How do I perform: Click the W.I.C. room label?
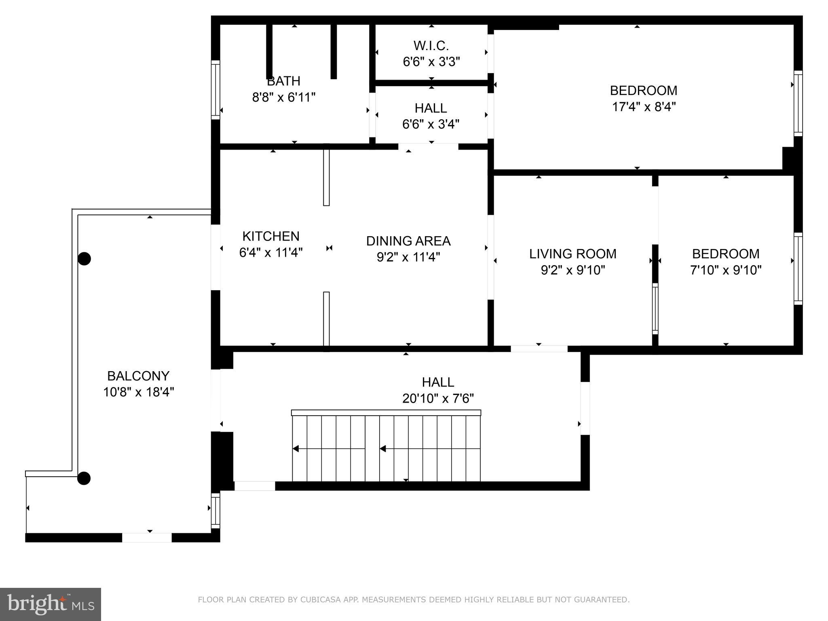tap(431, 45)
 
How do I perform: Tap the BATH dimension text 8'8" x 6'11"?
tap(283, 97)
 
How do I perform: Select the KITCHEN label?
tap(270, 236)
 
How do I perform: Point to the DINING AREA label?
tap(408, 241)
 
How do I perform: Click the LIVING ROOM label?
tap(572, 254)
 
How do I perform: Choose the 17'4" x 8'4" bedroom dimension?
tap(644, 107)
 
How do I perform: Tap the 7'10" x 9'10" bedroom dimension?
tap(725, 270)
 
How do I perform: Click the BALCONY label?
tap(138, 376)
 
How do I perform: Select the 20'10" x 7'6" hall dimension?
tap(438, 399)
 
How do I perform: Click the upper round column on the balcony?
tap(84, 259)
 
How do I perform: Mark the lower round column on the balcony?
tap(84, 478)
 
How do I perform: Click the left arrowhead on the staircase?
tap(296, 449)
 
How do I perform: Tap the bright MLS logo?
tap(50, 604)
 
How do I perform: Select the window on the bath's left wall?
tap(216, 90)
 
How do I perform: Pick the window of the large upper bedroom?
tap(798, 103)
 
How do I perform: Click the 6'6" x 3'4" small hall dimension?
tap(431, 124)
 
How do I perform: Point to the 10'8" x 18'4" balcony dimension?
tap(138, 392)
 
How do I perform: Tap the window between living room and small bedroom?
tap(655, 308)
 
